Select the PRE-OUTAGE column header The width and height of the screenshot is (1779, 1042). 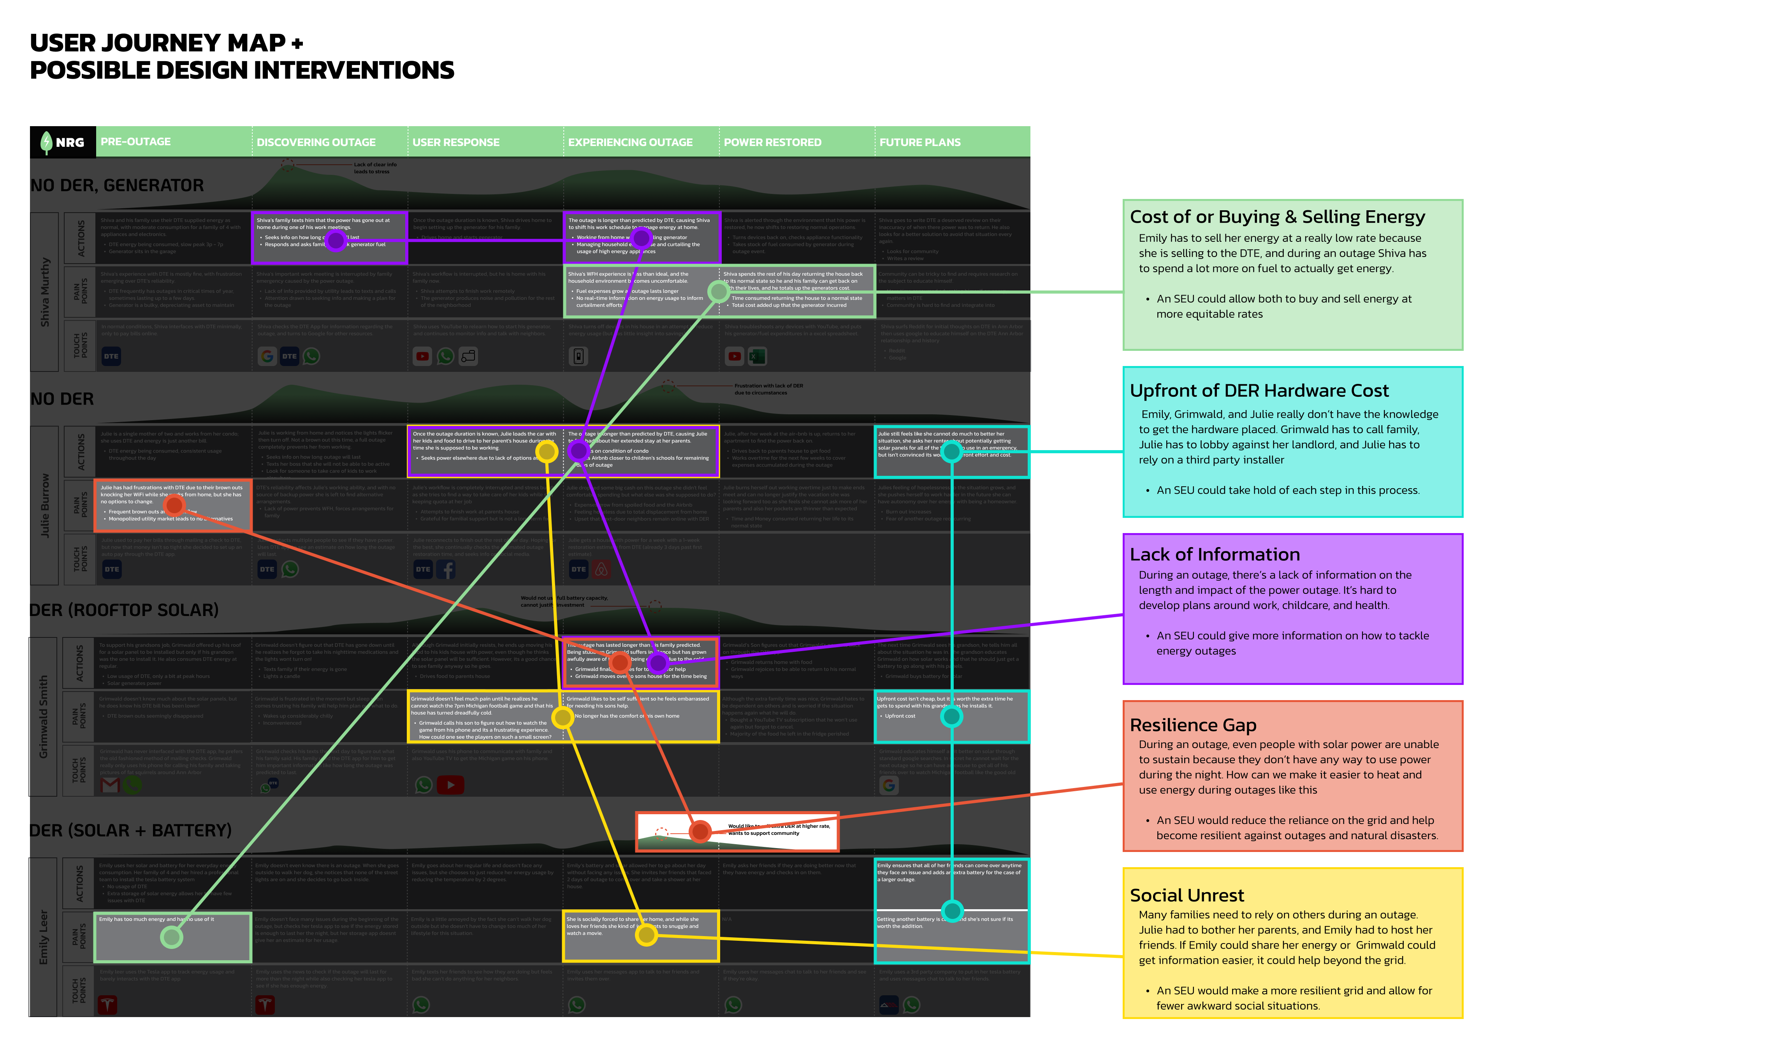(135, 142)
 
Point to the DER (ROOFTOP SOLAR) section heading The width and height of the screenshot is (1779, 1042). (124, 610)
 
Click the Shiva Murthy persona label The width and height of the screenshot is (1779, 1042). (45, 292)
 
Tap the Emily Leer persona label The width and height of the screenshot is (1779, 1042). (44, 937)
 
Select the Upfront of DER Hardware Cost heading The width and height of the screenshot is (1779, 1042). (1259, 391)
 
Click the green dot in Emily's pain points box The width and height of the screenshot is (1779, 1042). (172, 937)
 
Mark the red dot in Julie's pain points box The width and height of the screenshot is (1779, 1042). (174, 505)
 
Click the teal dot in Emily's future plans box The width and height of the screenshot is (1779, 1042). (952, 911)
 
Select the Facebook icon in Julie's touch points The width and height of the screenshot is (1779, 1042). (446, 569)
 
